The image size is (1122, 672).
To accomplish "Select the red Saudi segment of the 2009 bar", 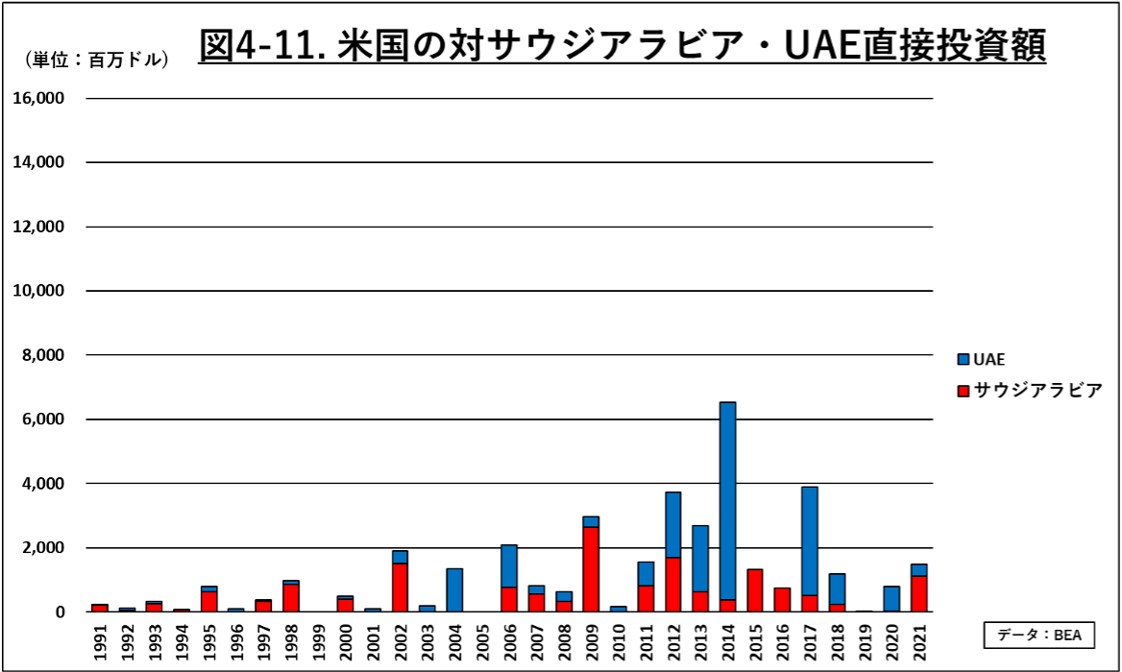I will click(591, 568).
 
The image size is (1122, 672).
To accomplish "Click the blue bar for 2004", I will click(454, 589).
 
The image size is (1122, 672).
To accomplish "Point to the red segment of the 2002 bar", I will click(400, 587).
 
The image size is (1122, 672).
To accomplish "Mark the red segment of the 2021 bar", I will click(919, 593).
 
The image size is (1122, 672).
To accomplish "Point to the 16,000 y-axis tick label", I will click(38, 98).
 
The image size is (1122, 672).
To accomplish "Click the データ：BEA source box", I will click(1039, 635).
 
